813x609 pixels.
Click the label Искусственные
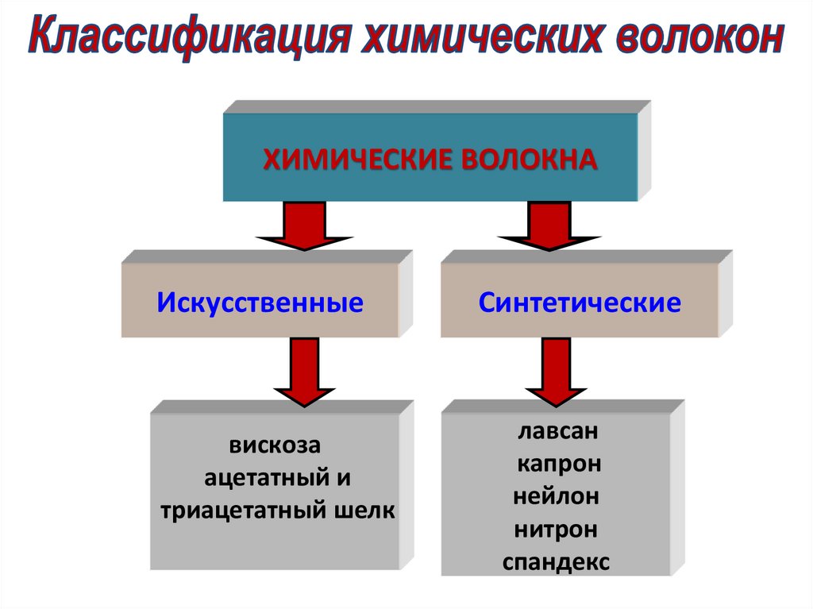pos(260,303)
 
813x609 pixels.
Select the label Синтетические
pos(580,303)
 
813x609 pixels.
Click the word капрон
pos(558,464)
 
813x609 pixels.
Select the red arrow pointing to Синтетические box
pos(549,225)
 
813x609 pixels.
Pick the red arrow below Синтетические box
pos(556,371)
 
